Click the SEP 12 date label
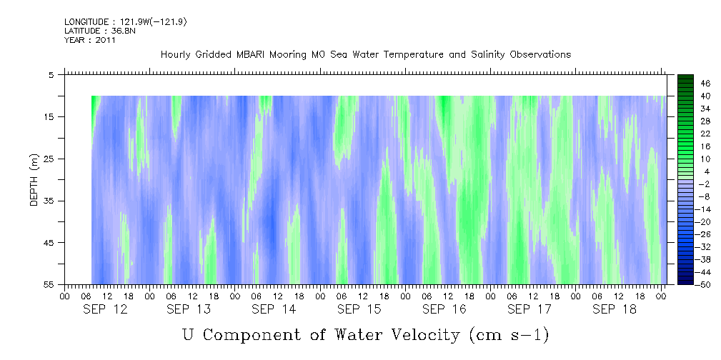click(105, 309)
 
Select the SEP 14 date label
click(274, 309)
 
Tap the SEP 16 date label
click(444, 309)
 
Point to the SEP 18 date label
click(613, 309)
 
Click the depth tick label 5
click(52, 74)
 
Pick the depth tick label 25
click(50, 159)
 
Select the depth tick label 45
click(50, 243)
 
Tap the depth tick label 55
click(50, 285)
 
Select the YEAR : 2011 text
click(90, 40)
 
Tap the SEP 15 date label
click(359, 309)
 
